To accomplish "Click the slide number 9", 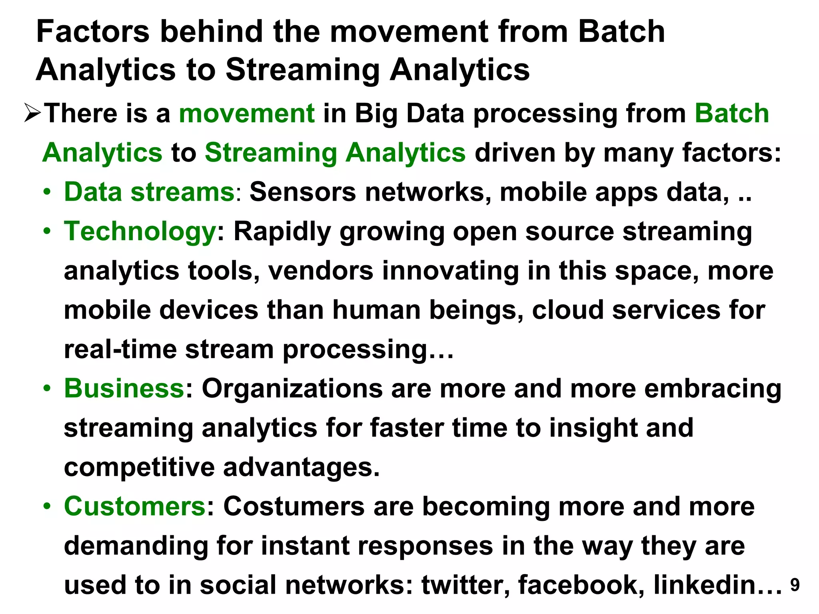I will tap(795, 585).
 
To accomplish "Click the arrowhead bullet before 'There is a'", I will tap(32, 113).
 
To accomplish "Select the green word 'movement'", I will tap(247, 113).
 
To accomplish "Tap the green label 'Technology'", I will tap(140, 232).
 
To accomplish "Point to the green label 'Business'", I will tap(124, 388).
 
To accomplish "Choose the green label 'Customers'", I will tap(135, 506).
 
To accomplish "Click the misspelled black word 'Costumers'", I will tap(294, 506).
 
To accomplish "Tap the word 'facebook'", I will tap(581, 585).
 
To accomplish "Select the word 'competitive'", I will tap(139, 467).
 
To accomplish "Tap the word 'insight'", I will tap(592, 428).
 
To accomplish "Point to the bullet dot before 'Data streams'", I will tap(48, 192).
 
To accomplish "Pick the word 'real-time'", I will tap(120, 349).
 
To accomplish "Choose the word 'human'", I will tap(376, 310).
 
